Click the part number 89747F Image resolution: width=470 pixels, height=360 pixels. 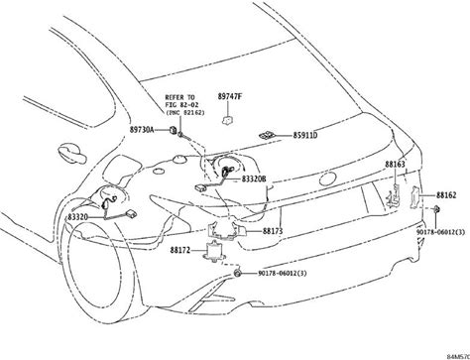229,96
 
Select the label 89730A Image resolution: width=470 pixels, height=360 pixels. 142,130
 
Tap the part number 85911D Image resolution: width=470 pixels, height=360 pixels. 304,136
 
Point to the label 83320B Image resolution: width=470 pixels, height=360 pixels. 254,179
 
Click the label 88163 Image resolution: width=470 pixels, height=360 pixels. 395,164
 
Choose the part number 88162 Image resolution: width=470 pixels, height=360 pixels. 446,195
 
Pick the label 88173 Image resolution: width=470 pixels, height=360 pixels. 273,231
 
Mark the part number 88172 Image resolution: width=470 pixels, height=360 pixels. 180,250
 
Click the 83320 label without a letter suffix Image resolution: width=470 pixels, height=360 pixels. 78,217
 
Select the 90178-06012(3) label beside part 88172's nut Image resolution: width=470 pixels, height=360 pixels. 283,274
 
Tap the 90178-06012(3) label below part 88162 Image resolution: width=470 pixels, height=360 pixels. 440,232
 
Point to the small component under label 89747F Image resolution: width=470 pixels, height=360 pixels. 227,120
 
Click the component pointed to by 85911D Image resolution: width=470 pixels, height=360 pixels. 266,135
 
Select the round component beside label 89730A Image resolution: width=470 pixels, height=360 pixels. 173,130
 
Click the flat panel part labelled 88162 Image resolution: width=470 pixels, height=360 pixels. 414,197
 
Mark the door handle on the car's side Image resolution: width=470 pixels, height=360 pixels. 71,153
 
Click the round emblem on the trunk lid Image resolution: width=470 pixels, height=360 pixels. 328,179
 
